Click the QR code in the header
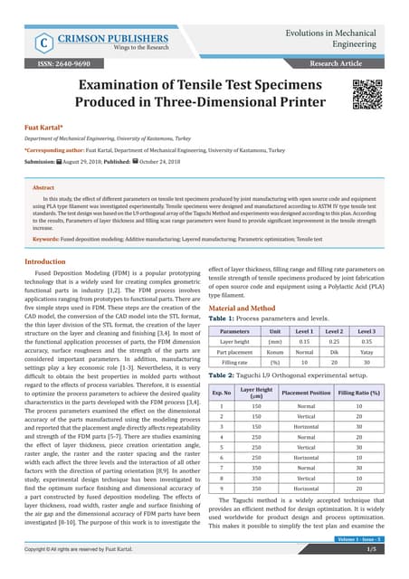pos(367,95)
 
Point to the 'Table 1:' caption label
pos(223,319)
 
